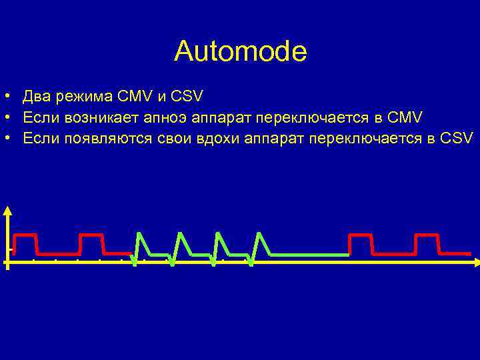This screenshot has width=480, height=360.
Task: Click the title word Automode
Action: pos(240,51)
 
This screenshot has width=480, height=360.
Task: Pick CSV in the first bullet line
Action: pos(187,98)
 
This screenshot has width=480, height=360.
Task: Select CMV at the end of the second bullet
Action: pos(404,118)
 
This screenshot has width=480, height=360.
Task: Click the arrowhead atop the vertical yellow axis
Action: pos(7,211)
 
